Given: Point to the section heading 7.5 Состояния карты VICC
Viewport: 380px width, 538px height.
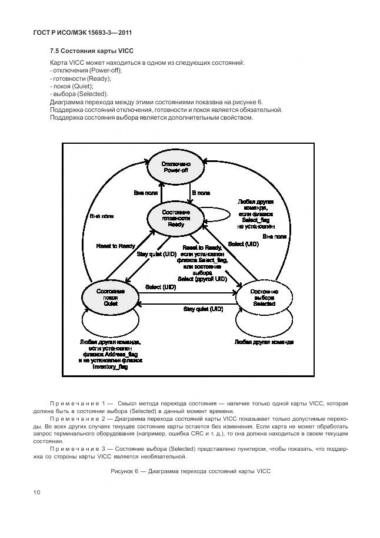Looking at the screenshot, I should click(88, 51).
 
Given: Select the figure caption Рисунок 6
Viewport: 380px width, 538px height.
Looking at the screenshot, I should click(189, 472).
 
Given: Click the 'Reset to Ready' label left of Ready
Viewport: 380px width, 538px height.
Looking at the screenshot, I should click(115, 246).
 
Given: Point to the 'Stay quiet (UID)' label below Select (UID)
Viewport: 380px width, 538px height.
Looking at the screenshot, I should click(203, 309).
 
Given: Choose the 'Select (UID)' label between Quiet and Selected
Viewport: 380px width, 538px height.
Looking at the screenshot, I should click(161, 287).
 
